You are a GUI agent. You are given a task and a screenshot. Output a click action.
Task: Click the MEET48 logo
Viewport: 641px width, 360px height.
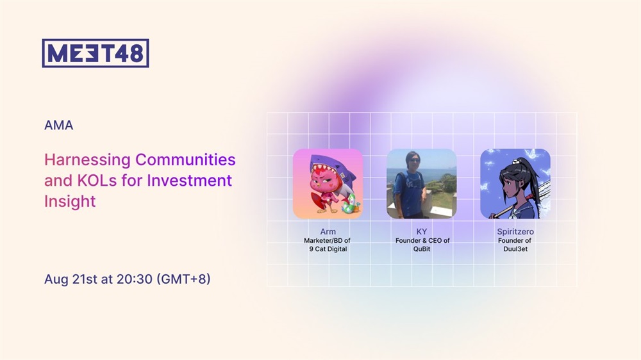click(96, 53)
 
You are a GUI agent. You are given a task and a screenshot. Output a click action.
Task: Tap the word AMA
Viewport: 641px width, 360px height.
click(59, 125)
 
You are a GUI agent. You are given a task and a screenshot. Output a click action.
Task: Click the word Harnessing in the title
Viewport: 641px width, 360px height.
click(87, 160)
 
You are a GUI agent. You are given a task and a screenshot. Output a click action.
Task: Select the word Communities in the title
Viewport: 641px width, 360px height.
click(186, 160)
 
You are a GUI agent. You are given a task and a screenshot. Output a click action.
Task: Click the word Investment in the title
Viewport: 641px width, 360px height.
click(189, 180)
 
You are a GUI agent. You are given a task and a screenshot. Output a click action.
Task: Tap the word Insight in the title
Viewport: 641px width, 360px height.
click(70, 201)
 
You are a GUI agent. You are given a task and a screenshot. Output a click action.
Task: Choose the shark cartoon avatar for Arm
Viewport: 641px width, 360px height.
click(328, 183)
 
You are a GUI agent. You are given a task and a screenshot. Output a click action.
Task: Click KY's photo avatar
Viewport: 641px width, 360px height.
click(422, 183)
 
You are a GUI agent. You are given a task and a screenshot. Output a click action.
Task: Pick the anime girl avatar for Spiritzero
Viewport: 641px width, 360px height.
click(515, 183)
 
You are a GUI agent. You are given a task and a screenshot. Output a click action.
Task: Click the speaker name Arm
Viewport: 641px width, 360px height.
click(328, 231)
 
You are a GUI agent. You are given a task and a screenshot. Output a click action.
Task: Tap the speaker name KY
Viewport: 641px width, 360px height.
click(422, 231)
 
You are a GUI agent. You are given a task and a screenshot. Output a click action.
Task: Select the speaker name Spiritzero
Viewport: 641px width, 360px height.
click(515, 232)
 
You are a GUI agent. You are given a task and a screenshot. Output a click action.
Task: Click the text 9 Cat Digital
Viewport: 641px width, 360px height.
click(328, 249)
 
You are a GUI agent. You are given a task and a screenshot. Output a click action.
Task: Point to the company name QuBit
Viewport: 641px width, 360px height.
click(422, 249)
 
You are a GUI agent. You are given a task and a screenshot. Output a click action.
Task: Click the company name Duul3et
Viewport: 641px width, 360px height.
click(515, 249)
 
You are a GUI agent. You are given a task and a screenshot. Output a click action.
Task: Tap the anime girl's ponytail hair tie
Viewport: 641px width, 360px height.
click(517, 161)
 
